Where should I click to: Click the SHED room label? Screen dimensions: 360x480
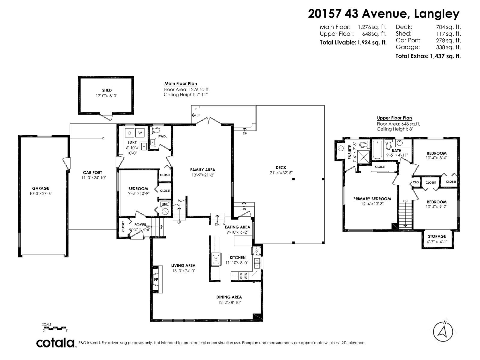pyautogui.click(x=107, y=90)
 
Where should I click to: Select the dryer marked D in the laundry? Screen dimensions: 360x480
pyautogui.click(x=130, y=133)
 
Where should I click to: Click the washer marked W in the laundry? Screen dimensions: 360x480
pyautogui.click(x=140, y=133)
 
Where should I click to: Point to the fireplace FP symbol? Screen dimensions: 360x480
pyautogui.click(x=156, y=279)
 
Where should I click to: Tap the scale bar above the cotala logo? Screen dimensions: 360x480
pyautogui.click(x=55, y=328)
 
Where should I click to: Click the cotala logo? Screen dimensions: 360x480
pyautogui.click(x=55, y=343)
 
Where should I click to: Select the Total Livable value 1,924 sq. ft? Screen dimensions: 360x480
pyautogui.click(x=372, y=42)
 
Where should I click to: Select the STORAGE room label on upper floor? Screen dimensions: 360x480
pyautogui.click(x=437, y=236)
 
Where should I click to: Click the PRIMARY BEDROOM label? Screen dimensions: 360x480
pyautogui.click(x=372, y=199)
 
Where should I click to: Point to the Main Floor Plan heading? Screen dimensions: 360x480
pyautogui.click(x=181, y=84)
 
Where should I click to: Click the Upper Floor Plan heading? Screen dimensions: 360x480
pyautogui.click(x=394, y=118)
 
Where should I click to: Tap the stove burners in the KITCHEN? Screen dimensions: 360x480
pyautogui.click(x=243, y=276)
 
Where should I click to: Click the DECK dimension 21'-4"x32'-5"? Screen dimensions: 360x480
pyautogui.click(x=281, y=172)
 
